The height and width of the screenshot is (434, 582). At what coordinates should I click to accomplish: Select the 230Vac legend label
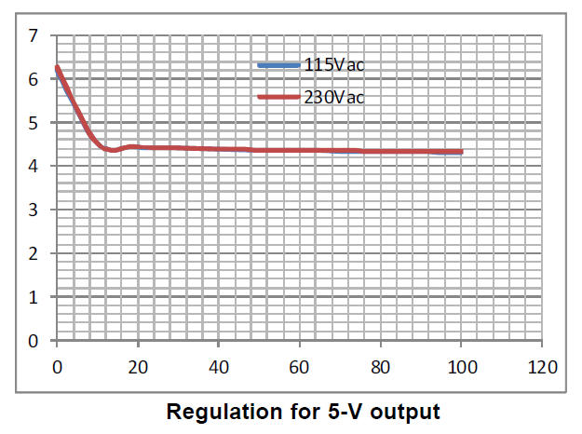332,97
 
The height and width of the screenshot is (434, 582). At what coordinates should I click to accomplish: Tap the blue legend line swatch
278,64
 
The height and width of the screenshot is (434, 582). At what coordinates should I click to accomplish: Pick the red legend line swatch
278,97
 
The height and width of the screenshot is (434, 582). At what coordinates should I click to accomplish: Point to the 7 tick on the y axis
34,36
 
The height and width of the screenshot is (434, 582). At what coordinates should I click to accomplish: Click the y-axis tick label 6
34,80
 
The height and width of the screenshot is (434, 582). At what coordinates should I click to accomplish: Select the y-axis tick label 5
34,123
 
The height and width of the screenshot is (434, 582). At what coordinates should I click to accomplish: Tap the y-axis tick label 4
34,167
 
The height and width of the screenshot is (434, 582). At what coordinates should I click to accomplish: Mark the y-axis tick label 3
34,210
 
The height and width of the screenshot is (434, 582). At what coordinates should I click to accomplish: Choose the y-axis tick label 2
34,253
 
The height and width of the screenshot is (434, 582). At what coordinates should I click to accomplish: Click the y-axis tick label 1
34,297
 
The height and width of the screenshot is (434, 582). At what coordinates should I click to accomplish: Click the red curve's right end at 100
461,152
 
